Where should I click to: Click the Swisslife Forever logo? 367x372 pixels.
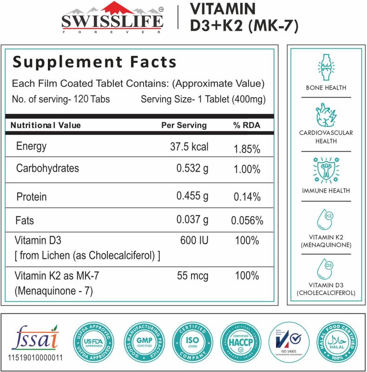[112, 20]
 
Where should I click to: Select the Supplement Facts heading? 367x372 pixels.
[94, 62]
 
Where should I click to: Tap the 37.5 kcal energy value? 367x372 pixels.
[189, 147]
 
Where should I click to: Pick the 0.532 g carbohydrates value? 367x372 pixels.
[192, 168]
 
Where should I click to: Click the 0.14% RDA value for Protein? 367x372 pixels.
[247, 197]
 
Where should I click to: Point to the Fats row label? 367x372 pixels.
[25, 219]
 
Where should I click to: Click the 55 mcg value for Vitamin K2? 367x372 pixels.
[193, 276]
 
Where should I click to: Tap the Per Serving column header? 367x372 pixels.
[184, 125]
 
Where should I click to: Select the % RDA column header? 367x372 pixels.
[247, 125]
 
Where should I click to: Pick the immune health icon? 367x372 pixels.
[326, 169]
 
